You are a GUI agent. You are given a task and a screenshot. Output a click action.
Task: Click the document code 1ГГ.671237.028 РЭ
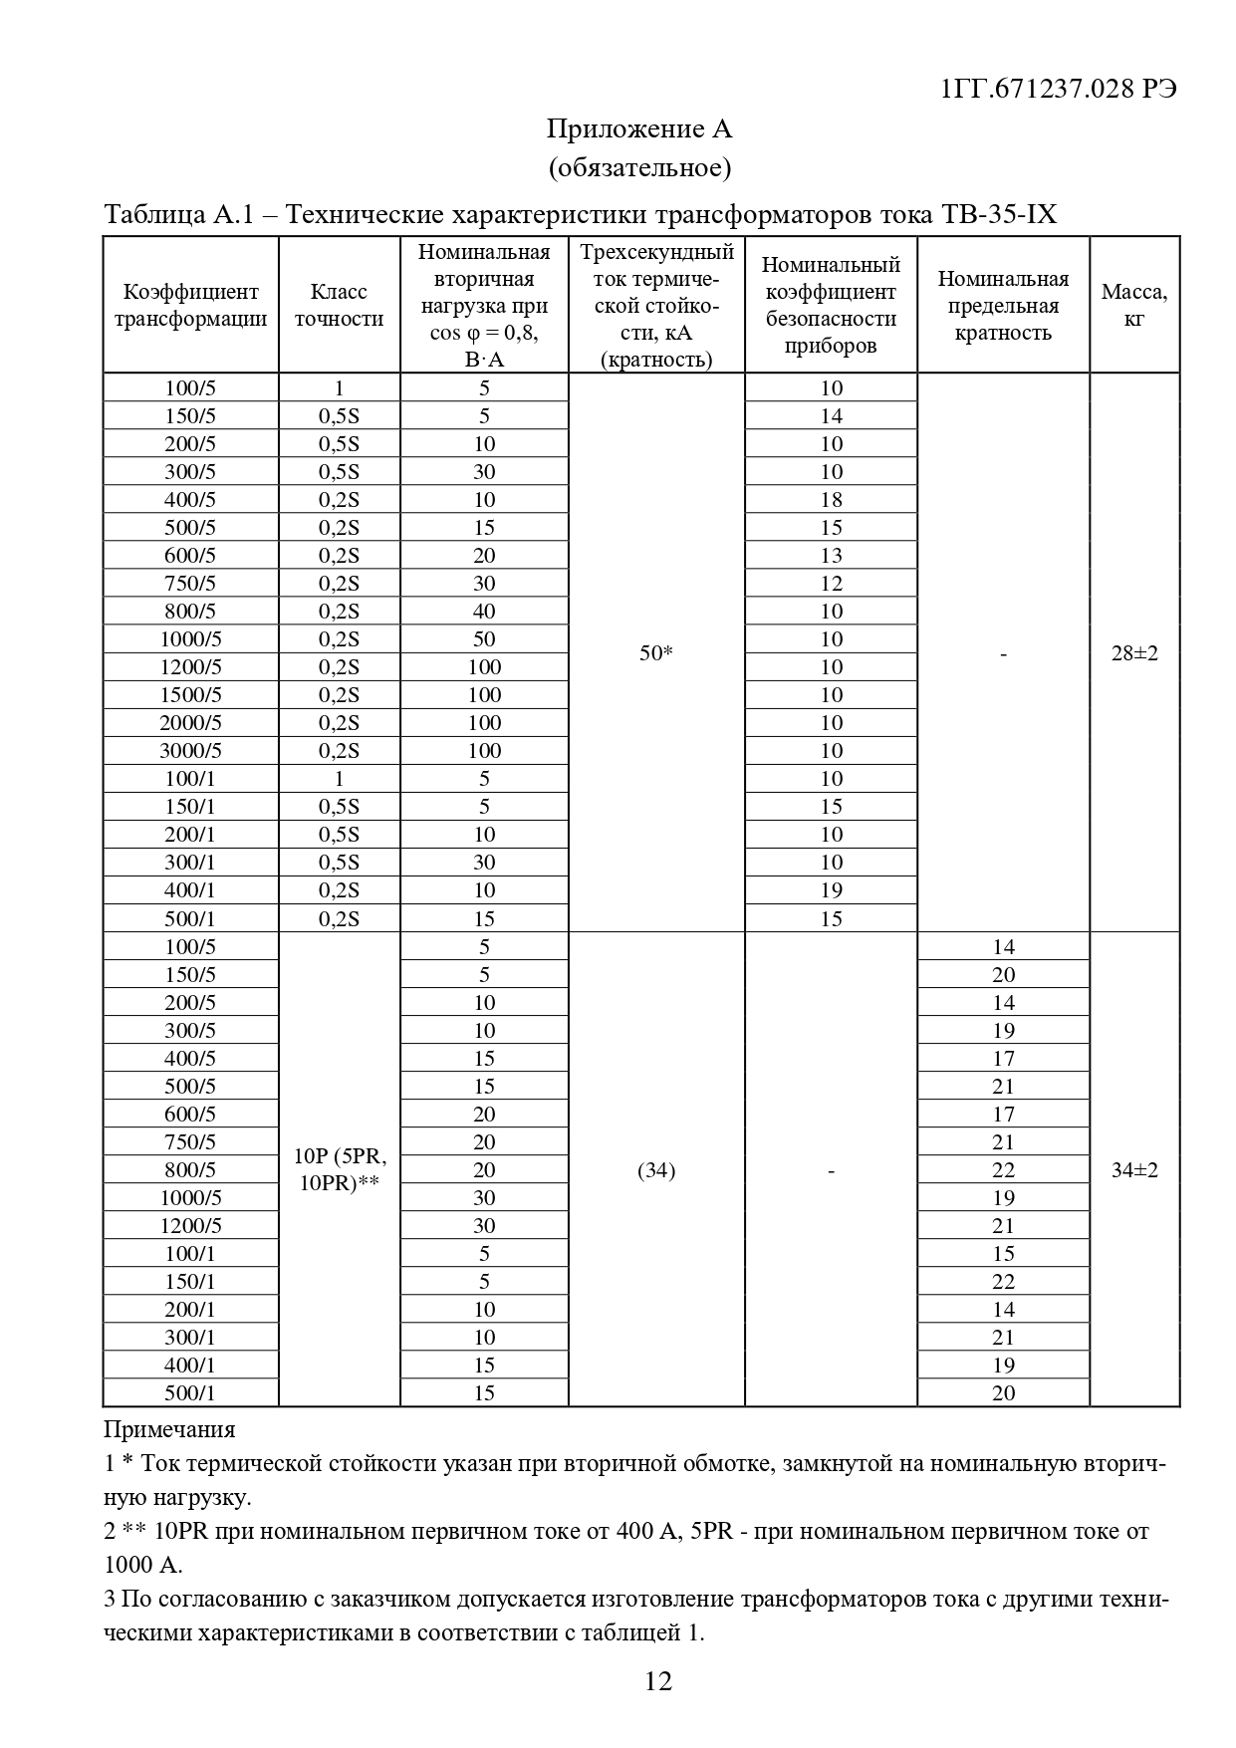pyautogui.click(x=1059, y=88)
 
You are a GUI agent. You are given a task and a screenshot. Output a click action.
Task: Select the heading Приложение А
pyautogui.click(x=639, y=128)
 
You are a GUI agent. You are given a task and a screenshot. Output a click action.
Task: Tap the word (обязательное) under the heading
pyautogui.click(x=639, y=167)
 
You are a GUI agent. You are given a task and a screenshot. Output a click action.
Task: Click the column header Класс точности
pyautogui.click(x=339, y=305)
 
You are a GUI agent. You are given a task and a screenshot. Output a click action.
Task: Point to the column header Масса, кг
pyautogui.click(x=1134, y=305)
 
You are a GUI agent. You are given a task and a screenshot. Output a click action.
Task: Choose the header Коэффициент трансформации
pyautogui.click(x=190, y=305)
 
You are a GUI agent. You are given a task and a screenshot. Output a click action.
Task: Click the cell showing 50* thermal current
pyautogui.click(x=655, y=653)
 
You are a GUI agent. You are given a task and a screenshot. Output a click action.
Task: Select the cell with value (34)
pyautogui.click(x=655, y=1169)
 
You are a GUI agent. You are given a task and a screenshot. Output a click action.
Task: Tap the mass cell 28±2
pyautogui.click(x=1134, y=653)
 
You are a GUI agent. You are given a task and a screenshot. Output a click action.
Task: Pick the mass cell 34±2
pyautogui.click(x=1134, y=1169)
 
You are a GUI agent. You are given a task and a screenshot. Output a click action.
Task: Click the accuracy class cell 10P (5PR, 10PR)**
pyautogui.click(x=339, y=1169)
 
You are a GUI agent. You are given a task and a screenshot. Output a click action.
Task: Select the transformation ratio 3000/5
pyautogui.click(x=190, y=750)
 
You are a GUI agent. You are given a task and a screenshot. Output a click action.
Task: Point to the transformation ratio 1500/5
pyautogui.click(x=190, y=694)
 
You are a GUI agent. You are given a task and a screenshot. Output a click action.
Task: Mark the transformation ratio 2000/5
pyautogui.click(x=190, y=722)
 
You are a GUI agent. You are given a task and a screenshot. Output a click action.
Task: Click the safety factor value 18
pyautogui.click(x=831, y=499)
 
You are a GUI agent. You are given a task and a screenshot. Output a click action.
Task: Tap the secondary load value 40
pyautogui.click(x=484, y=611)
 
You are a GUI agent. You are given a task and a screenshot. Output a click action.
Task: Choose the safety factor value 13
pyautogui.click(x=831, y=555)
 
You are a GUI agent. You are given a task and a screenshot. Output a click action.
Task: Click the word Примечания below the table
pyautogui.click(x=169, y=1429)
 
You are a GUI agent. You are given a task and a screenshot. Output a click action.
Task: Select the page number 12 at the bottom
pyautogui.click(x=658, y=1681)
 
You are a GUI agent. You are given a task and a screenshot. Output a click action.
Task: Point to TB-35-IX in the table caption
pyautogui.click(x=998, y=215)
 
